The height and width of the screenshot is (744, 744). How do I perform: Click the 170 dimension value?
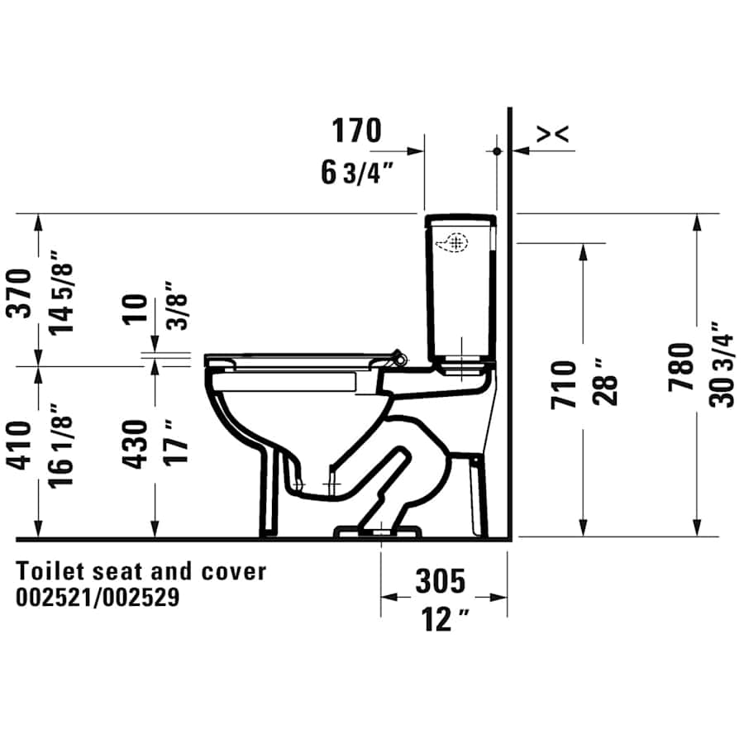pyautogui.click(x=357, y=131)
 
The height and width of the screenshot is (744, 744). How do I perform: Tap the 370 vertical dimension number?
pyautogui.click(x=20, y=292)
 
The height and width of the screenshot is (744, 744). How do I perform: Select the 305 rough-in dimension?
pyautogui.click(x=440, y=582)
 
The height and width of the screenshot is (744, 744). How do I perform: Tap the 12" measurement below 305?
pyautogui.click(x=441, y=619)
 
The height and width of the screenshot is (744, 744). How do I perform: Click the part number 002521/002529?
pyautogui.click(x=98, y=598)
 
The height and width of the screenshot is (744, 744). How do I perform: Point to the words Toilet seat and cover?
pyautogui.click(x=141, y=570)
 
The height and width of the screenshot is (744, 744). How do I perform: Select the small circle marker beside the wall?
pyautogui.click(x=497, y=151)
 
